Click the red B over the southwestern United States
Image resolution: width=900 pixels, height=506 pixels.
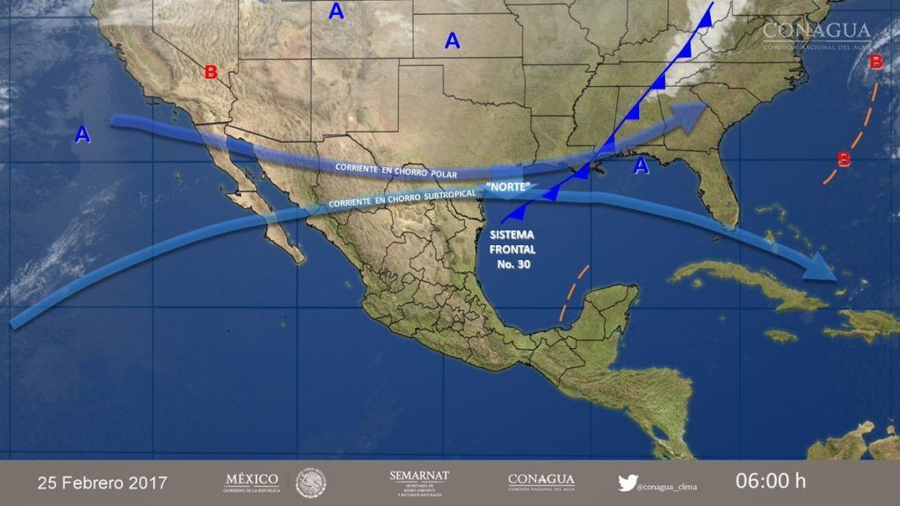click(x=211, y=72)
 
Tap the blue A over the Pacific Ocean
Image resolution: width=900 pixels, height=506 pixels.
click(x=82, y=134)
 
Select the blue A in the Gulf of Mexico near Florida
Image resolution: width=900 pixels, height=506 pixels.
click(x=642, y=164)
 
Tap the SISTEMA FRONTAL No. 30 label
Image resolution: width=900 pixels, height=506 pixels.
click(x=510, y=249)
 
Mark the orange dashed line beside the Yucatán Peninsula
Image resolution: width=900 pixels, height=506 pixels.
click(x=572, y=293)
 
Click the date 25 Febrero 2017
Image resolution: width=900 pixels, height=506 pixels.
click(x=102, y=483)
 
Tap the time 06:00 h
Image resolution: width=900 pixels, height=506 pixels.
click(x=770, y=482)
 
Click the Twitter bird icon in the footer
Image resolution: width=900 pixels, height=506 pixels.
click(x=627, y=481)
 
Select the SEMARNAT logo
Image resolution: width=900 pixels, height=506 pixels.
click(x=419, y=481)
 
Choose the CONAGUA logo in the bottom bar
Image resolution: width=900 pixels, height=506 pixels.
click(x=541, y=481)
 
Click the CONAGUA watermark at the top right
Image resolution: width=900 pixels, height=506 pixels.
click(x=817, y=34)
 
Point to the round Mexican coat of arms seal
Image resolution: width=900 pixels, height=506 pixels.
click(x=311, y=481)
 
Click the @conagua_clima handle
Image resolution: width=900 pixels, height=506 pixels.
click(x=668, y=483)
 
